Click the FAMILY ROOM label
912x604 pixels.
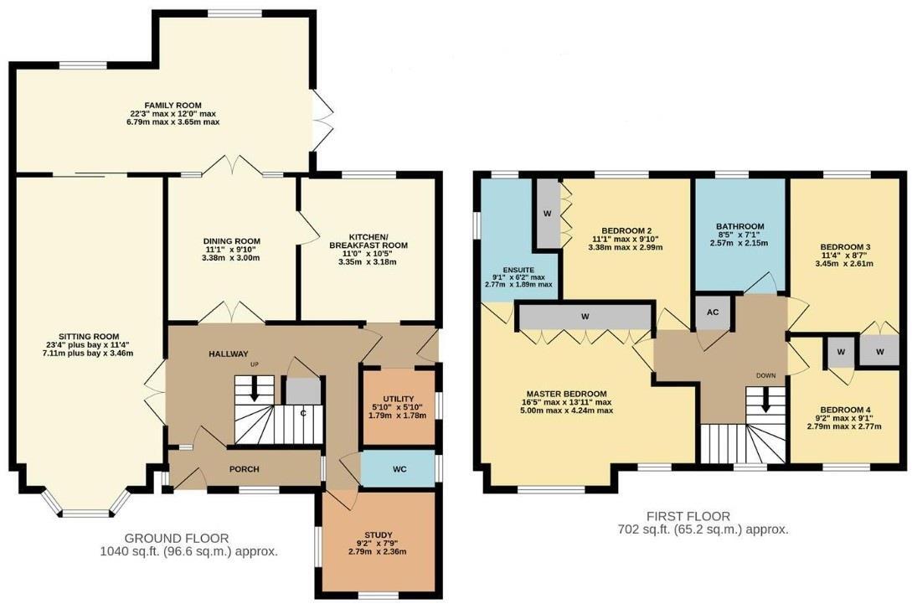tap(169, 105)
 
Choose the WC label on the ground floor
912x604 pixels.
tap(399, 468)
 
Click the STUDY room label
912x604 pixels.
tap(377, 534)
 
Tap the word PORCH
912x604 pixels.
tap(245, 469)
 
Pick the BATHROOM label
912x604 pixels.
tap(739, 226)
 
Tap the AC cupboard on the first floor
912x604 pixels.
tap(713, 312)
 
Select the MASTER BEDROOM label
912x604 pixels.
tap(566, 394)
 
